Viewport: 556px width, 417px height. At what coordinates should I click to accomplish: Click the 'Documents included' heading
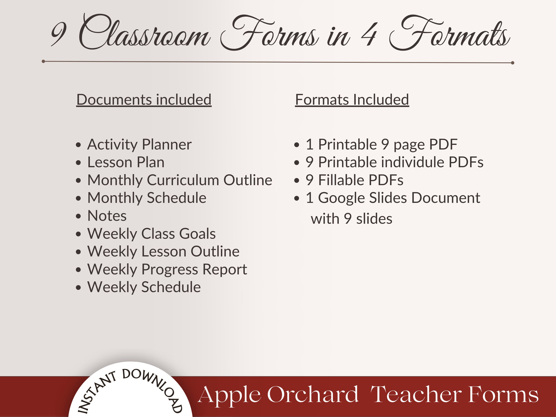(144, 99)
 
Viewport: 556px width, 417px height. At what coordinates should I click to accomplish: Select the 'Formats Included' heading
(352, 99)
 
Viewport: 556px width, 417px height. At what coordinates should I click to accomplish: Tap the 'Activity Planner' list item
(139, 144)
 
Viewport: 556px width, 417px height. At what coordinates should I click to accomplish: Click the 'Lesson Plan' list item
(126, 162)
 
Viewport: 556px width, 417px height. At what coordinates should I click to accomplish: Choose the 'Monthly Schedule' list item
(147, 198)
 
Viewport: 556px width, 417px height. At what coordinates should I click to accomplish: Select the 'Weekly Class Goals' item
(151, 234)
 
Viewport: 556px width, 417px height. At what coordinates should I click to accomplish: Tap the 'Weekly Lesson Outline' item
(163, 251)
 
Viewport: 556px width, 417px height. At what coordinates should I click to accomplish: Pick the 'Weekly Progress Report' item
(167, 269)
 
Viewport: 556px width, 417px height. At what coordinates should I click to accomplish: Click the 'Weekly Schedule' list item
(144, 287)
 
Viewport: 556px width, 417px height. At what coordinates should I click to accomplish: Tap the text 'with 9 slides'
(351, 219)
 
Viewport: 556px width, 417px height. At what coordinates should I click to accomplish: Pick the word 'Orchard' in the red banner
(313, 395)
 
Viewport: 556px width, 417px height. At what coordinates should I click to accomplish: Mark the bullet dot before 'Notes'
(78, 216)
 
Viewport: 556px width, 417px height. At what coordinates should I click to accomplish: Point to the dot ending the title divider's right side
(512, 63)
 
